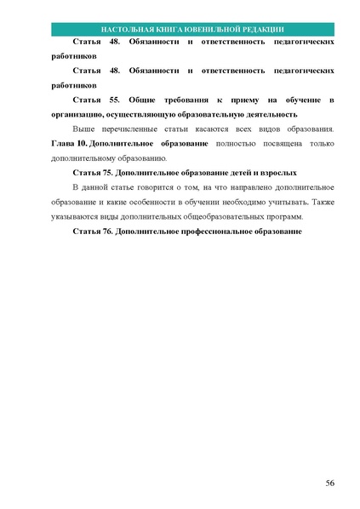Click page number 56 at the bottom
tap(329, 483)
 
